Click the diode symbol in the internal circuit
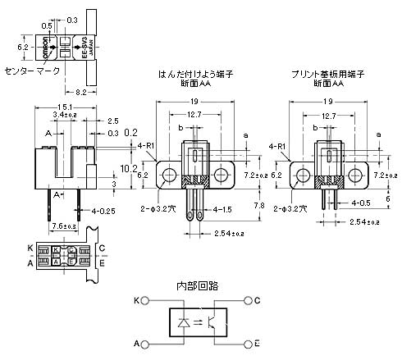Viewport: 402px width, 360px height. click(x=183, y=322)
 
